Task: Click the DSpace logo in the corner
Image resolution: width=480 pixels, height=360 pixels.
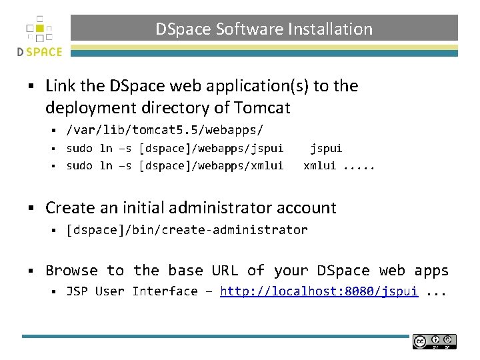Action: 39,36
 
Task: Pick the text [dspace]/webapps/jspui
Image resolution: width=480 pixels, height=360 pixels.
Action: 211,148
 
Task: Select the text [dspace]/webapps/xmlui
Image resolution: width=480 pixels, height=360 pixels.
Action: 211,165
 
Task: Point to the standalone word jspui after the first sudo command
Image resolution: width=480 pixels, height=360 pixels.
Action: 326,148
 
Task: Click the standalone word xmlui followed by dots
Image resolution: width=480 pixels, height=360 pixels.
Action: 320,165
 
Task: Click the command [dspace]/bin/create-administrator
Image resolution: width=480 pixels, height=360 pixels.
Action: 187,230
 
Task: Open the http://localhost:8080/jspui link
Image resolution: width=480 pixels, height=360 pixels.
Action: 319,291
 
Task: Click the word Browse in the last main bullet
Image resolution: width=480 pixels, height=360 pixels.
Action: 71,270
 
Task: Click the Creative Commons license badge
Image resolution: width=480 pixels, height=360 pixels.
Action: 435,341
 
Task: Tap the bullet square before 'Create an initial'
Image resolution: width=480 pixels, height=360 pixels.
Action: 31,208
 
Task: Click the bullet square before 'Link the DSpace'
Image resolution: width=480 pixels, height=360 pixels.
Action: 31,86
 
